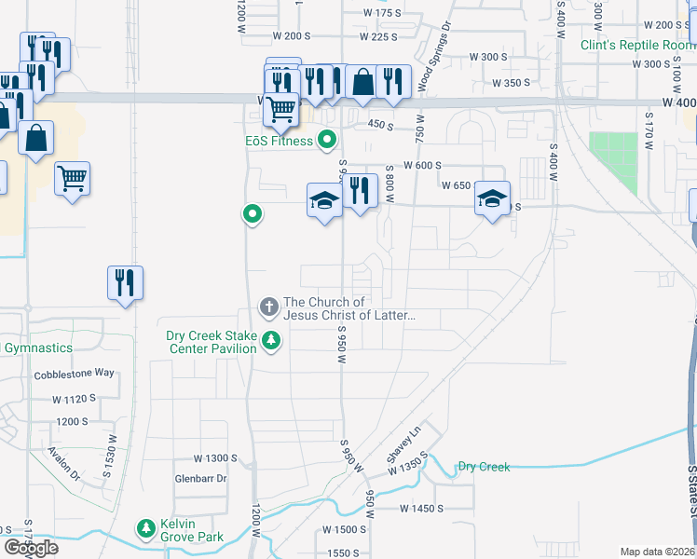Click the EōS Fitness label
pyautogui.click(x=273, y=142)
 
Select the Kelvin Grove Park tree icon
pyautogui.click(x=146, y=529)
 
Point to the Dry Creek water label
pyautogui.click(x=484, y=467)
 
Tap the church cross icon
pyautogui.click(x=269, y=307)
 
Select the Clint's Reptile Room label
pyautogui.click(x=637, y=45)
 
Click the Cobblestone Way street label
pyautogui.click(x=75, y=374)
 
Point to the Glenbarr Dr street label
pyautogui.click(x=201, y=479)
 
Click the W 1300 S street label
pyautogui.click(x=216, y=458)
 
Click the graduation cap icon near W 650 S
pyautogui.click(x=492, y=198)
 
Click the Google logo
pyautogui.click(x=31, y=548)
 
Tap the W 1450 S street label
pyautogui.click(x=422, y=509)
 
